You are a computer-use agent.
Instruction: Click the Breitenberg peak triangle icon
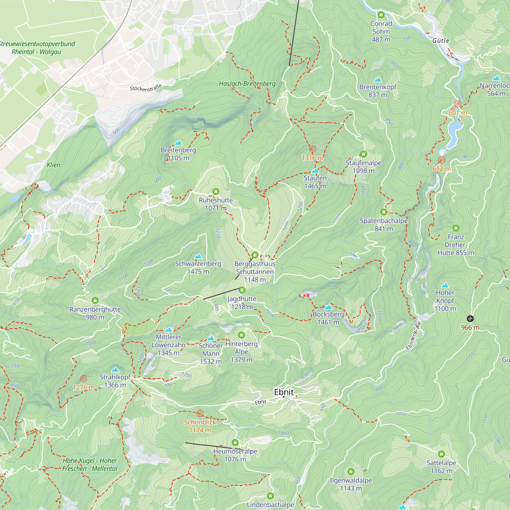(x=178, y=143)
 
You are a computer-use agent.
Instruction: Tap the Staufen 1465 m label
(x=315, y=182)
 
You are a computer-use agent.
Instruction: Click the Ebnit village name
(x=284, y=392)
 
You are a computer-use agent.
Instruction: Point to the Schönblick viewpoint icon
(x=200, y=413)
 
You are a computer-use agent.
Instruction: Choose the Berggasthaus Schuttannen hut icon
(x=255, y=255)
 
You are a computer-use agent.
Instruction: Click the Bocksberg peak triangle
(x=328, y=307)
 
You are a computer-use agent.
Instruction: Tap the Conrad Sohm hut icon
(x=381, y=15)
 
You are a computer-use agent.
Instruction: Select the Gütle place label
(x=441, y=41)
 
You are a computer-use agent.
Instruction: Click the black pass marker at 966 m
(x=470, y=318)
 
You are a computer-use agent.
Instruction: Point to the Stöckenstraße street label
(x=145, y=88)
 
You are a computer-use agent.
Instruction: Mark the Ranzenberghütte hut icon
(x=95, y=300)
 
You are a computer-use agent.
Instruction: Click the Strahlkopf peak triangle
(x=115, y=369)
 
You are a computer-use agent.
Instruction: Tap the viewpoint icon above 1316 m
(x=312, y=149)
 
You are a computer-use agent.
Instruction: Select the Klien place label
(x=53, y=165)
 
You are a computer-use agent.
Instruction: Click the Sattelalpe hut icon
(x=441, y=454)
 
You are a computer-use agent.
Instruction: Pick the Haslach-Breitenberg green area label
(x=247, y=84)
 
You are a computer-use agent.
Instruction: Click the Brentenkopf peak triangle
(x=378, y=80)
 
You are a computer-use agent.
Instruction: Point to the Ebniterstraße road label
(x=413, y=336)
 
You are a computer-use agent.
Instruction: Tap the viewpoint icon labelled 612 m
(x=442, y=160)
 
